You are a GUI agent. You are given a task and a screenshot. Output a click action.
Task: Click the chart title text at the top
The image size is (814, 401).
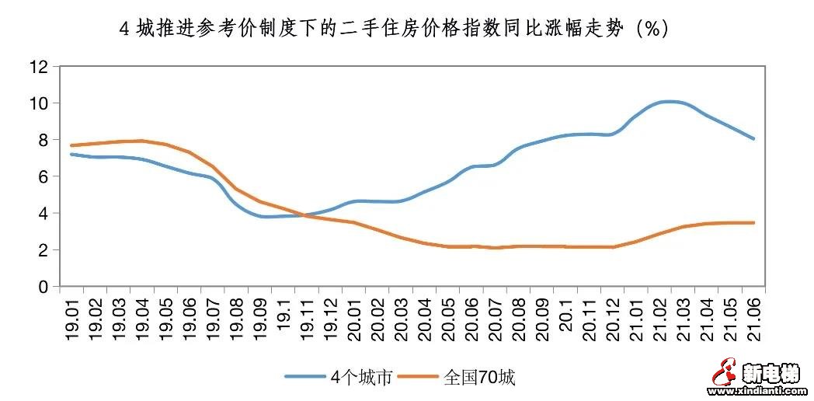392,29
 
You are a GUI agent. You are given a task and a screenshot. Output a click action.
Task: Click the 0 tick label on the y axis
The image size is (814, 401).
43,287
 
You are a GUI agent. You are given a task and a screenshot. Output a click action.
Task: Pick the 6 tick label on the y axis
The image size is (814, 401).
43,176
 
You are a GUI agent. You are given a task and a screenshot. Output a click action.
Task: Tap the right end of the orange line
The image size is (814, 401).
753,223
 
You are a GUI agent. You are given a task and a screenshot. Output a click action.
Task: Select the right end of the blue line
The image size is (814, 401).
753,139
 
